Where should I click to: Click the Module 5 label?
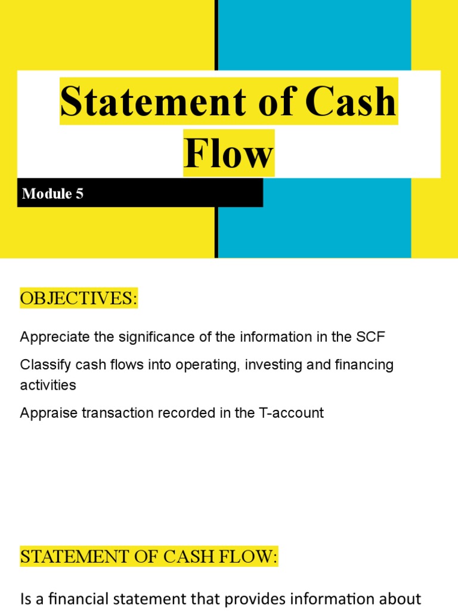[x=52, y=194]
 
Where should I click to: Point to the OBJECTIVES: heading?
[x=79, y=298]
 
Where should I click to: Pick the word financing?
[x=366, y=365]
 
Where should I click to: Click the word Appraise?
[x=45, y=413]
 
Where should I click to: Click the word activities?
[x=48, y=385]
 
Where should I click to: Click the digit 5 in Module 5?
[x=79, y=194]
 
